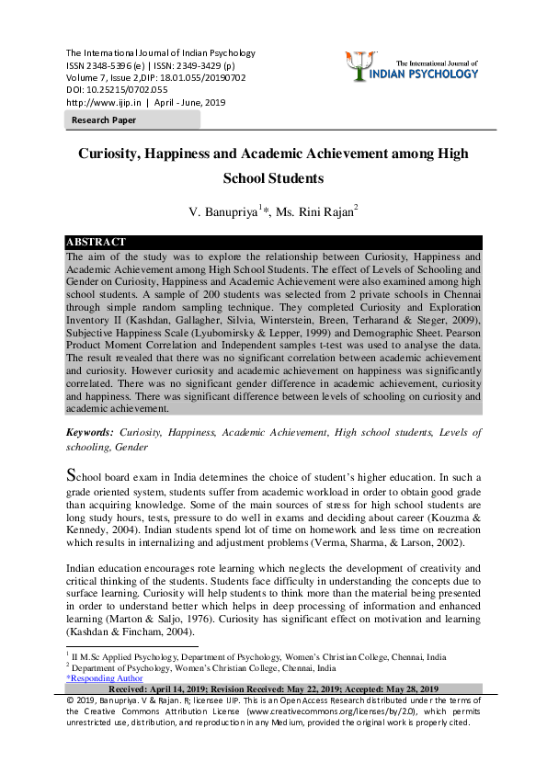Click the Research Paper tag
[x=104, y=120]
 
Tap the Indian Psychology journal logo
[x=416, y=67]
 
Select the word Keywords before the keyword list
[x=90, y=432]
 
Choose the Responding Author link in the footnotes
[x=99, y=678]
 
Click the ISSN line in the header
[x=150, y=65]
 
